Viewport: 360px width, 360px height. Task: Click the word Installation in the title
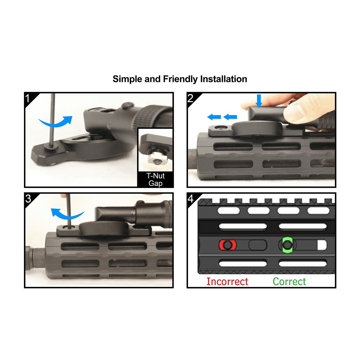click(x=223, y=79)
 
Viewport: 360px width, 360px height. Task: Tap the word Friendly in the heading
click(x=180, y=79)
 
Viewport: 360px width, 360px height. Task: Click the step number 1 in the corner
click(x=28, y=98)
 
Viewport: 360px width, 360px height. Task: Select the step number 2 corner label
click(x=190, y=98)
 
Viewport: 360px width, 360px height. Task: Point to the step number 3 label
click(x=28, y=199)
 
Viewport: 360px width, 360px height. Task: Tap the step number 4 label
click(x=190, y=199)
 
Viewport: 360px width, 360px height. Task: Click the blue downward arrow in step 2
click(x=259, y=101)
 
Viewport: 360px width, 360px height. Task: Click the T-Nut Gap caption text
click(x=155, y=179)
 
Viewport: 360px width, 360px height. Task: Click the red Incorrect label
click(x=227, y=281)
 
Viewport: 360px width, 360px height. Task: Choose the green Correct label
click(x=289, y=281)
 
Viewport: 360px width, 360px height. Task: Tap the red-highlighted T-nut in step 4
click(x=227, y=245)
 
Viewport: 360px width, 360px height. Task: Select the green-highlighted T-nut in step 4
click(x=287, y=245)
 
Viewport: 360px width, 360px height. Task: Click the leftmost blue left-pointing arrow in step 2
click(x=214, y=117)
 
